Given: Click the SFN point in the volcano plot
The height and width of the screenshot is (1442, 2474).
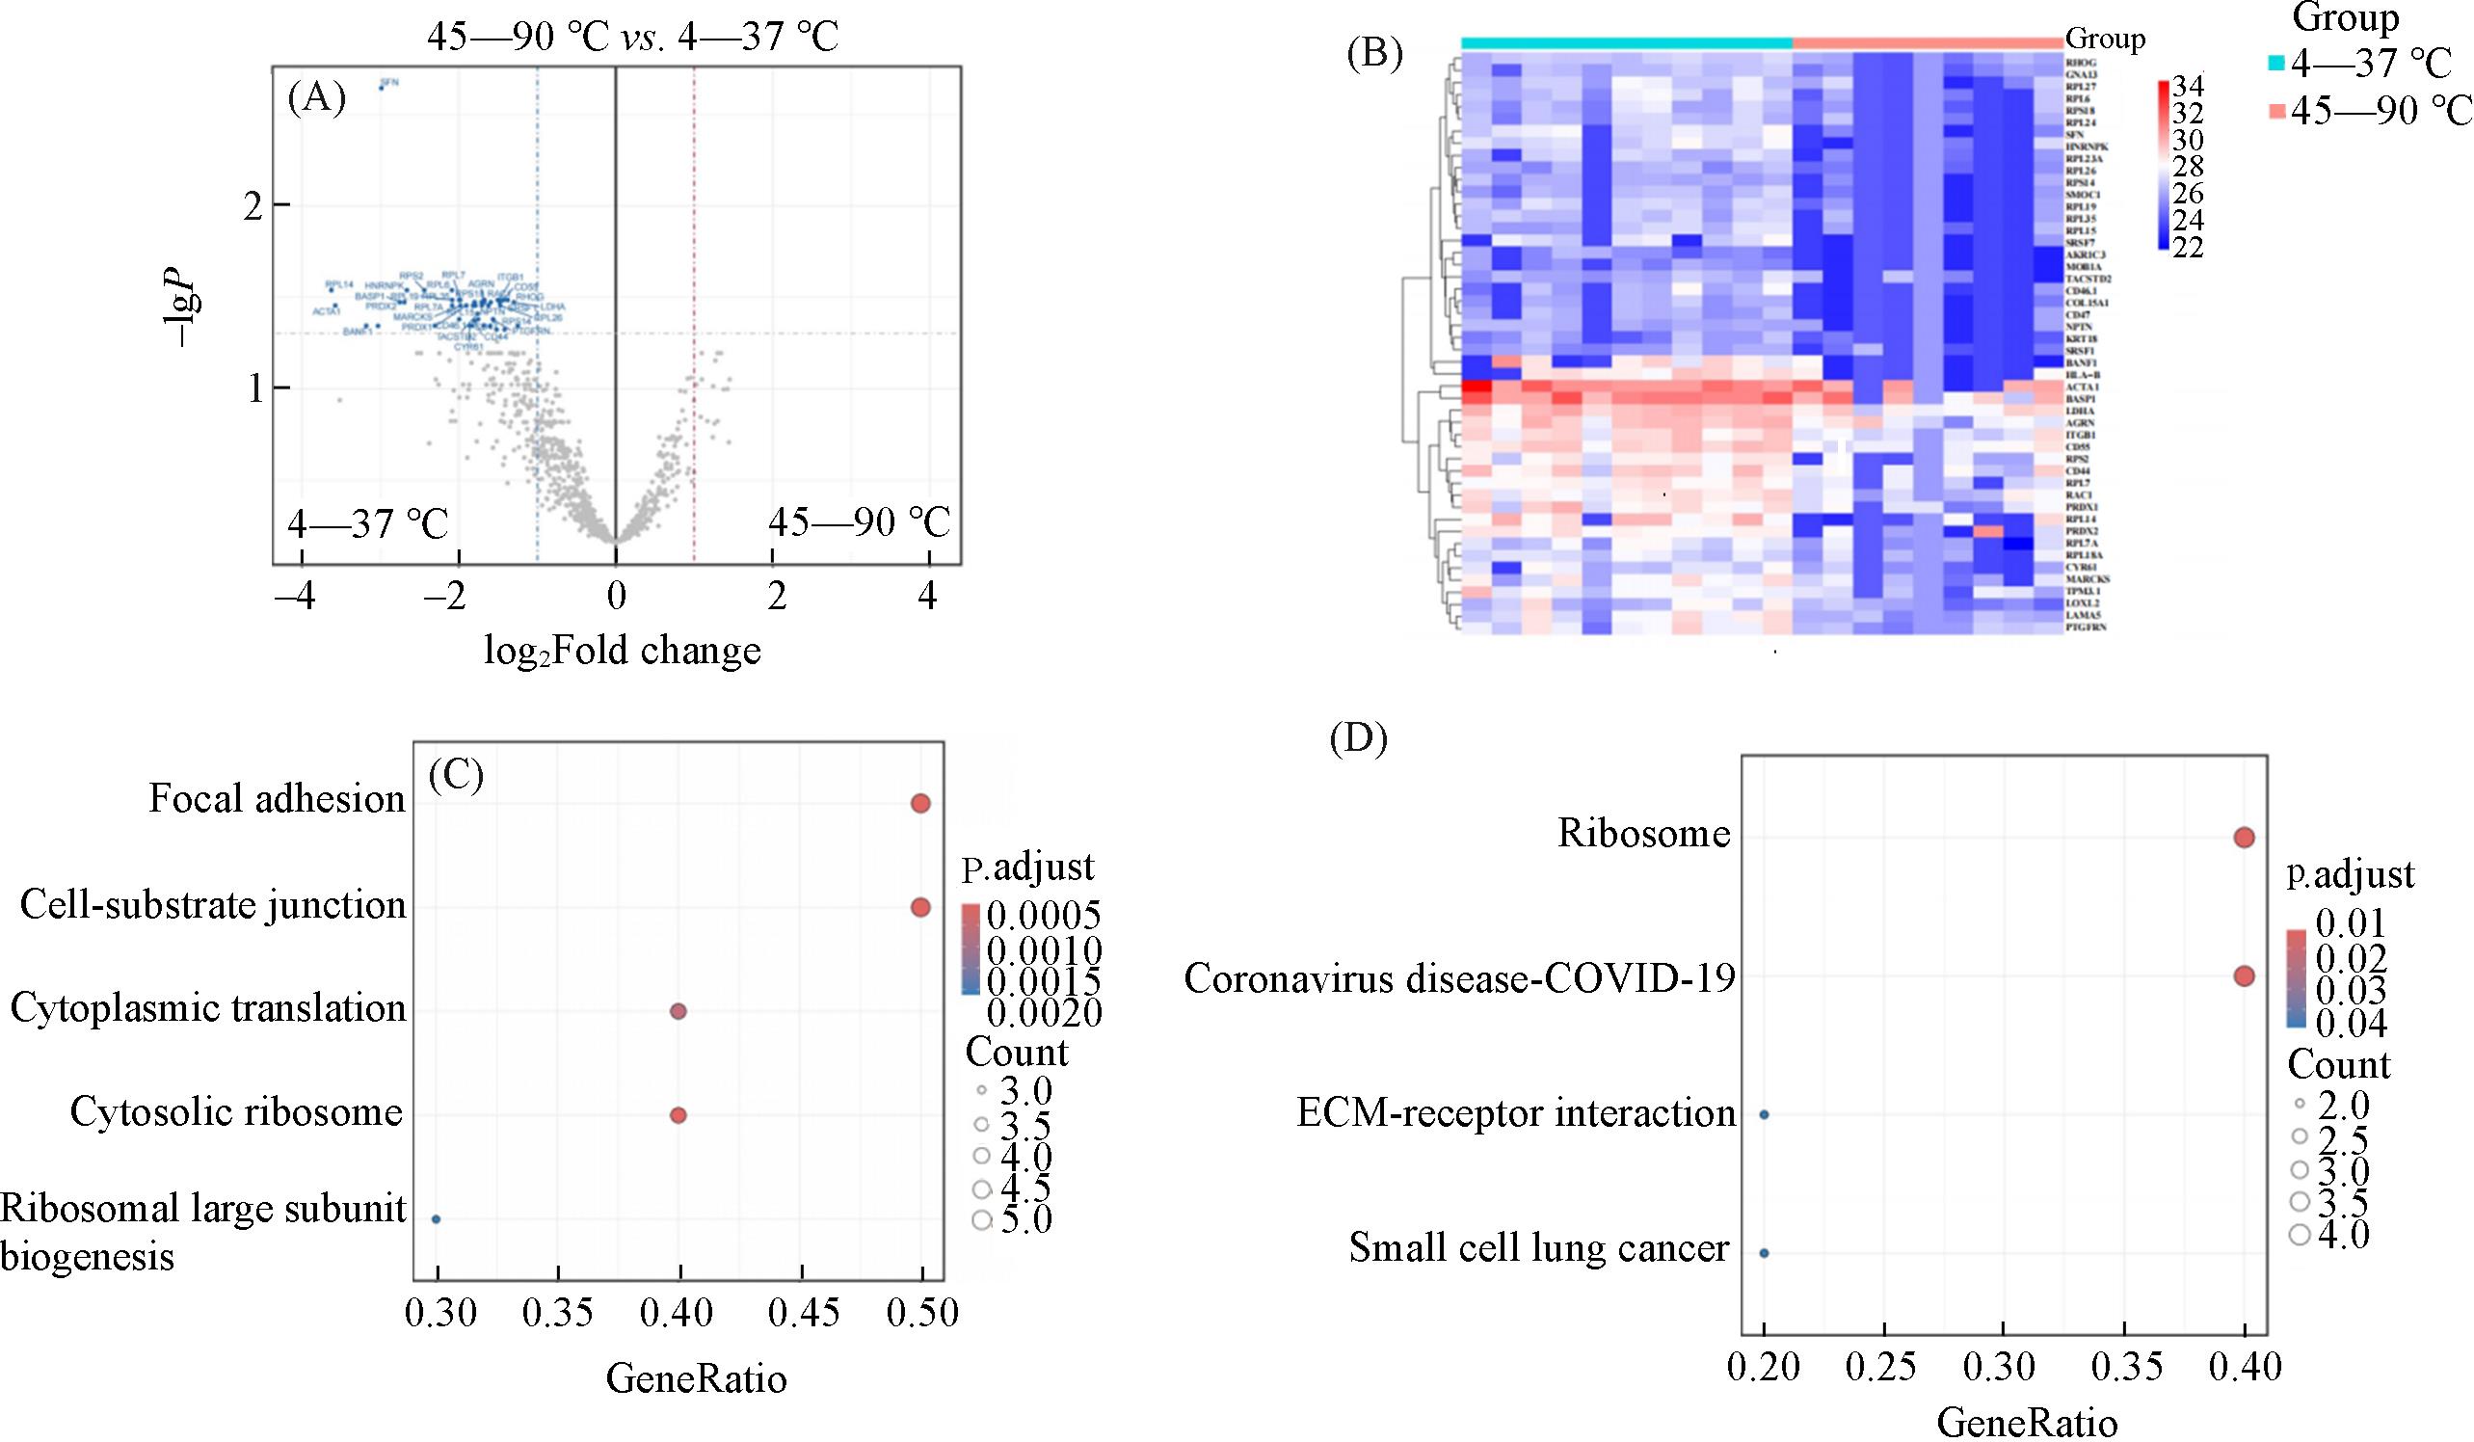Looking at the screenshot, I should pos(381,88).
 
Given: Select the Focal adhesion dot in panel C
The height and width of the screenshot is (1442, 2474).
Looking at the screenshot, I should pos(919,803).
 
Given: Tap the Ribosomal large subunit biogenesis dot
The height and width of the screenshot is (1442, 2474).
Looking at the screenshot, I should pos(436,1219).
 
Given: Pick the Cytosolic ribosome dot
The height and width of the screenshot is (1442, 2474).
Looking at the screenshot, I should pos(678,1115).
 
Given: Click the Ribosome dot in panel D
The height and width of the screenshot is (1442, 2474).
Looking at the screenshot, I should pos(2244,838).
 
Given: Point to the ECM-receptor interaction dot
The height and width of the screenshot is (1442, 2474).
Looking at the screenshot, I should pos(1765,1115).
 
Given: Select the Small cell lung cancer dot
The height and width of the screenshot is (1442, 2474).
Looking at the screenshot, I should pos(1765,1253).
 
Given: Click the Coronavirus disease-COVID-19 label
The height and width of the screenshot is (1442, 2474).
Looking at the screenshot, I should pos(1459,977).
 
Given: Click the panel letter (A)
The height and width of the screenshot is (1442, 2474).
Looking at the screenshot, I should pos(316,99).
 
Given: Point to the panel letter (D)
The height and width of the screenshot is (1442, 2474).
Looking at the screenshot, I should pos(1358,738).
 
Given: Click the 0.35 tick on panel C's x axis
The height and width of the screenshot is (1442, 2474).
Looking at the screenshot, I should pos(558,1313).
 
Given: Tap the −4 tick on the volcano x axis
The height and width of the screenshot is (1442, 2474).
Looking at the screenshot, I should pos(296,598).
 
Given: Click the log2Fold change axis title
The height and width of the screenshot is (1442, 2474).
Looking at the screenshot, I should pos(623,651).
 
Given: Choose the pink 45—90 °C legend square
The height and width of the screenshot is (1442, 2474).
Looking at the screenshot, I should pos(2277,112).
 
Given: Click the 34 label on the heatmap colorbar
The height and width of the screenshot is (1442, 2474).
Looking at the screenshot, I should pos(2181,84).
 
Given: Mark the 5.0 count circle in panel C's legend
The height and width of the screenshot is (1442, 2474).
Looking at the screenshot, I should pos(981,1220).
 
